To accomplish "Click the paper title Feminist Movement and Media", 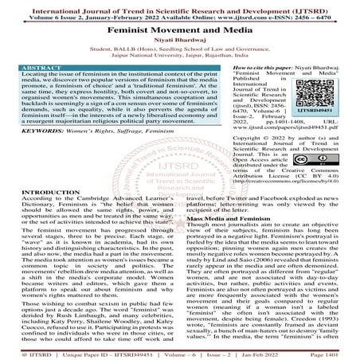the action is [x=179, y=27].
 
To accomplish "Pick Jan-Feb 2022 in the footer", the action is [x=282, y=351].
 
